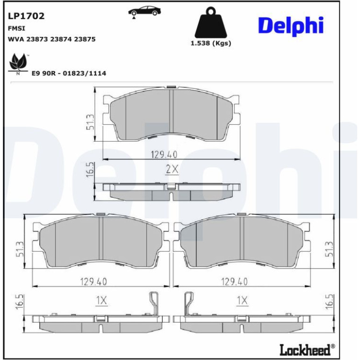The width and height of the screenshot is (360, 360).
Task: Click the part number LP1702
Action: point(26,16)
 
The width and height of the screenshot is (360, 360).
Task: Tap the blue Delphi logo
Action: point(291,26)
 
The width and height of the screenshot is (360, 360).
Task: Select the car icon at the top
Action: point(144,12)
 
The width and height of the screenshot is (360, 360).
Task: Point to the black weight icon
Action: point(211,22)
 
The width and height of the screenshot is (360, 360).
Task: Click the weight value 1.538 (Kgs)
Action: point(211,43)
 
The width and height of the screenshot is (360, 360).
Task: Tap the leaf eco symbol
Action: point(18,63)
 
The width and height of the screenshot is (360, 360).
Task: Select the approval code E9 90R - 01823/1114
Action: point(69,73)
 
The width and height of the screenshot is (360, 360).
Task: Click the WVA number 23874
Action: point(61,39)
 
